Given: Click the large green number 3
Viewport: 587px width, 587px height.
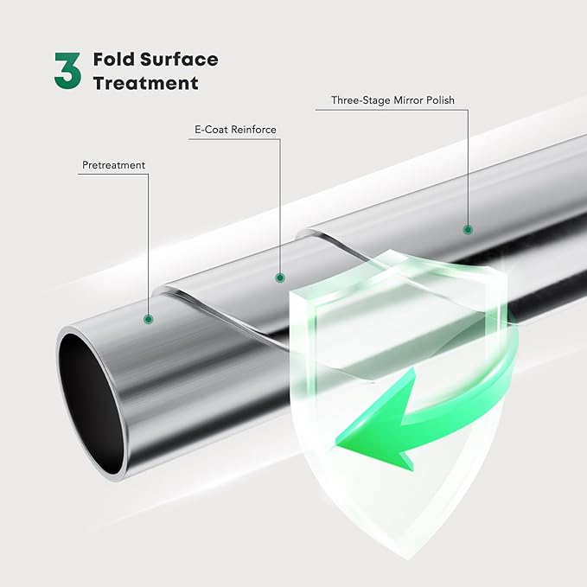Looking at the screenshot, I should coord(67,71).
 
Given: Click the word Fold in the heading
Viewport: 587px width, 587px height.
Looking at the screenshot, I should coord(113,61).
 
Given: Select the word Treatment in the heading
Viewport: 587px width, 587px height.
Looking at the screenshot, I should coord(145,84).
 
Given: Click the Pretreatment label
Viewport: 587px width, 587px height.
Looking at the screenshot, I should coord(114,164).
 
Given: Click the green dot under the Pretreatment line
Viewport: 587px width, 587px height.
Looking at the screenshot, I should coord(149,319).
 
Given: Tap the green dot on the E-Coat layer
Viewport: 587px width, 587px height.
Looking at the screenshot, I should coord(279,278).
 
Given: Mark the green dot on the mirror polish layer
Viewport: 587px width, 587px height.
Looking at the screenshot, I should coord(468,230).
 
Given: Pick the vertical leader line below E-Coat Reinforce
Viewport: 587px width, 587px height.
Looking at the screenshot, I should coord(279,207).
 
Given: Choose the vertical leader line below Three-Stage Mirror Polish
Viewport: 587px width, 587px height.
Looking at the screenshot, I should coord(468,169).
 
